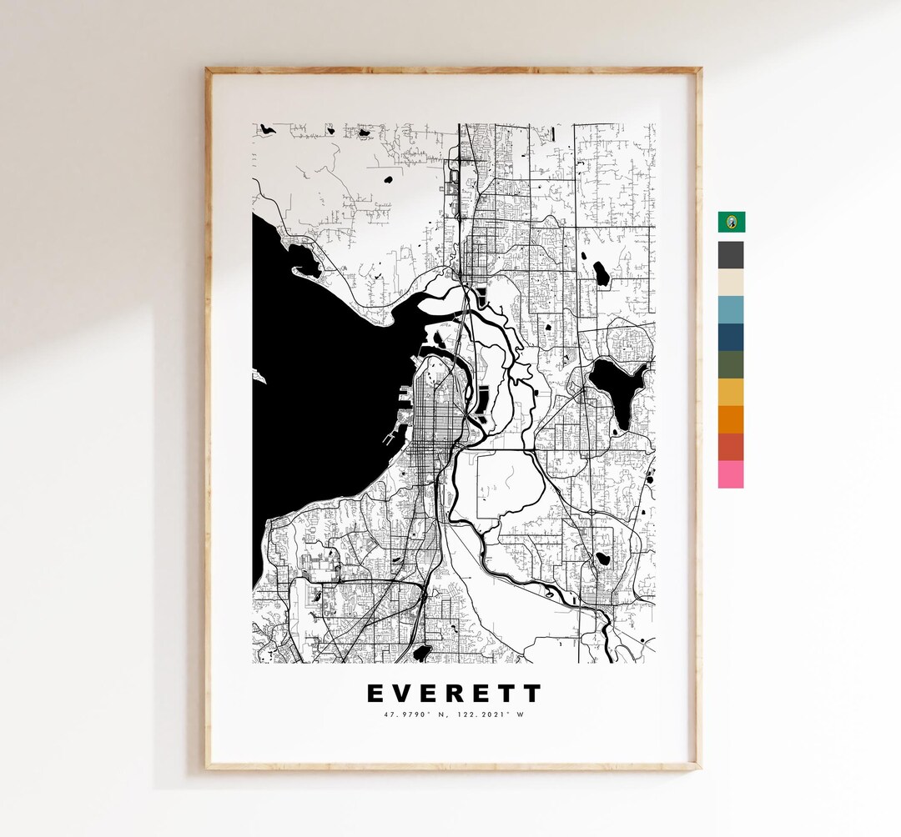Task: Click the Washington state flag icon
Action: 732,222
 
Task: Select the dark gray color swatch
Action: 731,255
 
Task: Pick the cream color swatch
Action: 731,283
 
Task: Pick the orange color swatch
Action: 731,419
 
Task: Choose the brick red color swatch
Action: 731,447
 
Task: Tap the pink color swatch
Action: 731,474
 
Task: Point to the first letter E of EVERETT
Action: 375,694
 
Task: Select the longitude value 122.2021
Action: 479,714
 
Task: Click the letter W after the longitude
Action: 521,714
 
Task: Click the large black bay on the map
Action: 317,383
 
